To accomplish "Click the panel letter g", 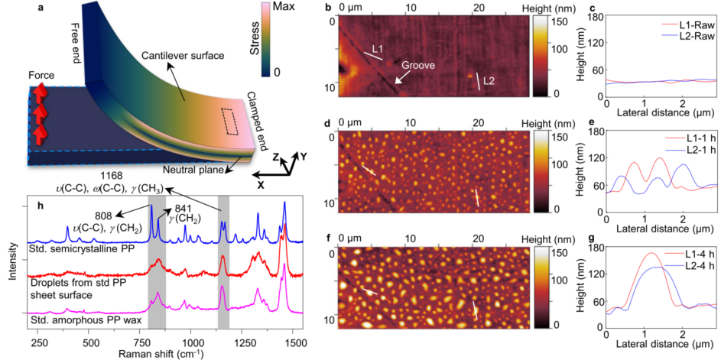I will [x=592, y=248].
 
